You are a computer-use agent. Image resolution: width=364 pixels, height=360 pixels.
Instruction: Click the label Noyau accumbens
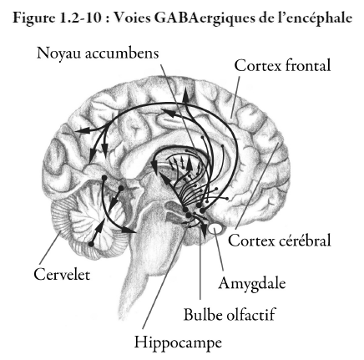pyautogui.click(x=98, y=53)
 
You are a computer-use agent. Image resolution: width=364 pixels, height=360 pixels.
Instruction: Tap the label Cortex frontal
pyautogui.click(x=283, y=66)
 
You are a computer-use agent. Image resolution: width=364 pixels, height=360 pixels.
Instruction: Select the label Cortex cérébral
pyautogui.click(x=280, y=240)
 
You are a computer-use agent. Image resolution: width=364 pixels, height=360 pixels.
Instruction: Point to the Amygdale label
pyautogui.click(x=252, y=284)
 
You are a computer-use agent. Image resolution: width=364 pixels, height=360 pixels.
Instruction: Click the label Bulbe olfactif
pyautogui.click(x=230, y=315)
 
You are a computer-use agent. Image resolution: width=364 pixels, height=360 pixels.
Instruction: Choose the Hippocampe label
pyautogui.click(x=178, y=342)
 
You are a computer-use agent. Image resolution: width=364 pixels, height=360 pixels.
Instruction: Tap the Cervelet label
pyautogui.click(x=62, y=274)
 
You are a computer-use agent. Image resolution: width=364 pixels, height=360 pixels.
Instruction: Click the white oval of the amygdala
pyautogui.click(x=215, y=229)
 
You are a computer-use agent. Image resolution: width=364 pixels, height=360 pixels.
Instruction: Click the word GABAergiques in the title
pyautogui.click(x=204, y=18)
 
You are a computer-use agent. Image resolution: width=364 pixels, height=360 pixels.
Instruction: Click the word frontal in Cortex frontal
pyautogui.click(x=308, y=66)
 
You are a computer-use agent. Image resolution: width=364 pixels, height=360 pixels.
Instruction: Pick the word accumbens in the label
pyautogui.click(x=122, y=53)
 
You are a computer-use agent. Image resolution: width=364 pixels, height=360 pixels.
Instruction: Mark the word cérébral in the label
pyautogui.click(x=306, y=240)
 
